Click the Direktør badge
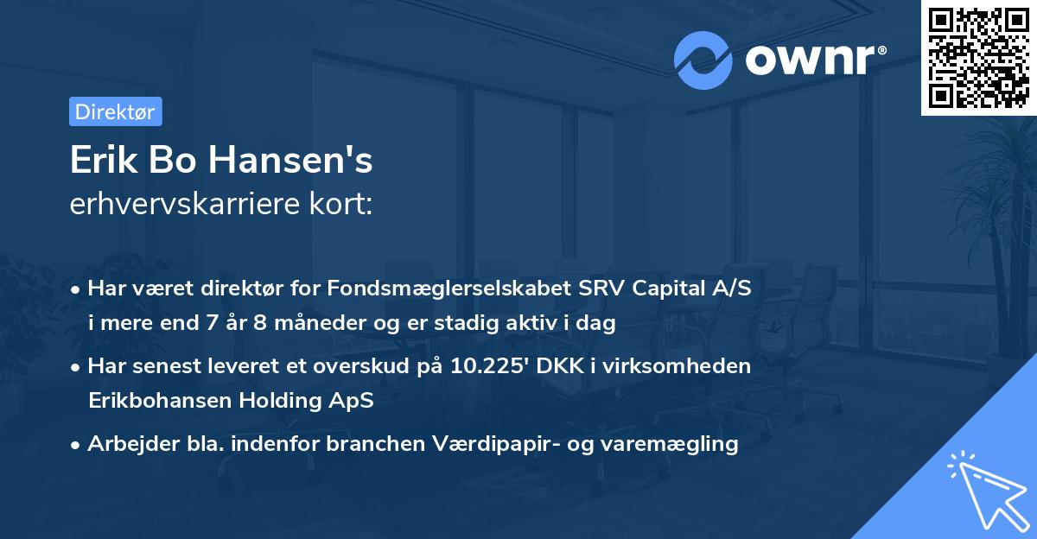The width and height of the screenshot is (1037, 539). coord(115,111)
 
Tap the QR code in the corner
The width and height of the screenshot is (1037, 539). coord(978,58)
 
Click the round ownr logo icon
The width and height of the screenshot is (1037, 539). coord(703,60)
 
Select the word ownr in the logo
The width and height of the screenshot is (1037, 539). coord(814,60)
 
